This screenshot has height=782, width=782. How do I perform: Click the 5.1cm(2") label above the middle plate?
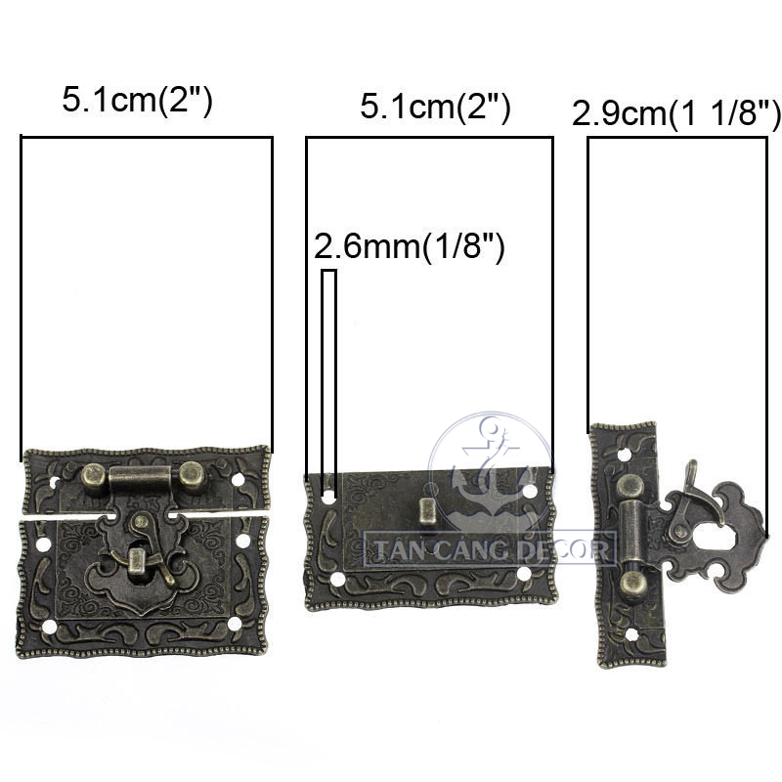click(435, 107)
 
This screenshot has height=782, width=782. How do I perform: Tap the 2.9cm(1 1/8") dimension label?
click(675, 113)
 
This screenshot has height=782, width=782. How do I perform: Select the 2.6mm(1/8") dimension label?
click(409, 246)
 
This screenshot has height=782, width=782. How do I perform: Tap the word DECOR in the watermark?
click(564, 549)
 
